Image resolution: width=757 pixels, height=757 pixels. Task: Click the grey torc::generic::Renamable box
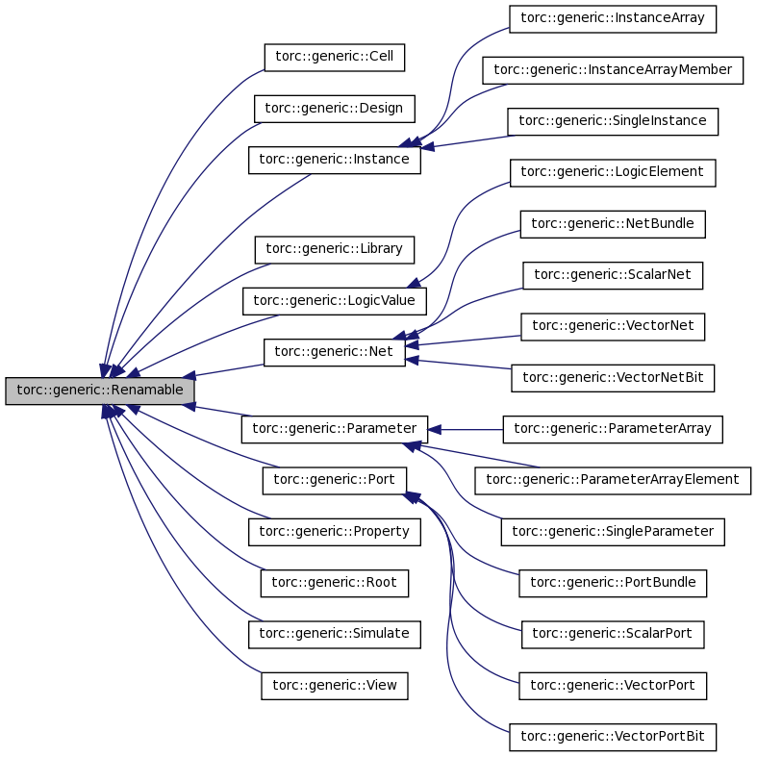click(100, 391)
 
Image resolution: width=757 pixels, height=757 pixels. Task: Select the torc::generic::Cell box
click(334, 57)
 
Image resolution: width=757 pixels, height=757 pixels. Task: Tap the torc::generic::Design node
click(334, 108)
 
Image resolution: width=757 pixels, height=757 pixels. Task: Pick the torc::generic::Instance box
click(335, 159)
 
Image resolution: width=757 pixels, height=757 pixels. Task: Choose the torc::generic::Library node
click(334, 249)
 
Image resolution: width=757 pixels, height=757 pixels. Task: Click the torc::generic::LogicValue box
click(334, 300)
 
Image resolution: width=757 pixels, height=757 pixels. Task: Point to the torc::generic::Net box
click(334, 352)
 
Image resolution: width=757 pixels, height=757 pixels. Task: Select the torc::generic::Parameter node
click(334, 428)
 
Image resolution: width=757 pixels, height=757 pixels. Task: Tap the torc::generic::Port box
click(335, 480)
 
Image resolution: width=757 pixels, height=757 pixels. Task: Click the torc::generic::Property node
click(334, 531)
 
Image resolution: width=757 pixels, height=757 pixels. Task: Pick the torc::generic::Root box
click(334, 582)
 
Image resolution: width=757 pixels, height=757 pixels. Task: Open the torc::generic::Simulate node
click(334, 634)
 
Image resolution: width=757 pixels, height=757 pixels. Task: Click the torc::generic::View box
click(334, 685)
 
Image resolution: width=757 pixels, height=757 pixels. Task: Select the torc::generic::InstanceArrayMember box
click(613, 70)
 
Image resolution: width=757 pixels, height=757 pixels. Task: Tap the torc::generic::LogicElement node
click(612, 172)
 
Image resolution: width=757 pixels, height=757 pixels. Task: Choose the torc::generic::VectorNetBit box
click(613, 377)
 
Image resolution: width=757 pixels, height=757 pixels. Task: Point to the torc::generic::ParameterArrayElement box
click(613, 479)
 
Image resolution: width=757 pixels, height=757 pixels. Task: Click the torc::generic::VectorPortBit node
click(613, 737)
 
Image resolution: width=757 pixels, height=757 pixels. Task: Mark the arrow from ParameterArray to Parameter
click(466, 429)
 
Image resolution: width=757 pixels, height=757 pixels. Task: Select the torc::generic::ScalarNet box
click(613, 274)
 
